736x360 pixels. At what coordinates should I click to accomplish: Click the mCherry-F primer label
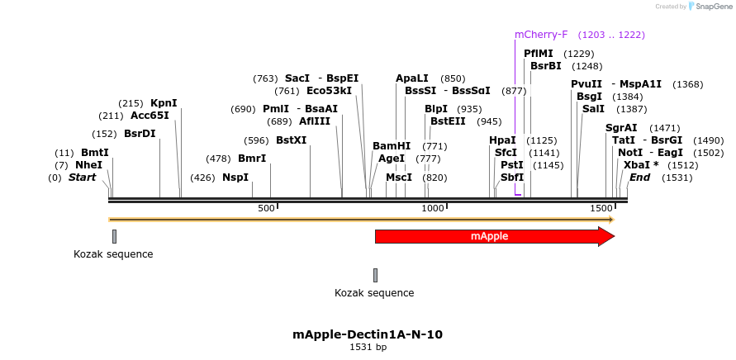(541, 35)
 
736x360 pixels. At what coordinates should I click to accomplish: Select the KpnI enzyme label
(164, 103)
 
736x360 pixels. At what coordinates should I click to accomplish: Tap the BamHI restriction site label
(392, 146)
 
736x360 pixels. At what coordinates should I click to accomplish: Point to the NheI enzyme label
(88, 165)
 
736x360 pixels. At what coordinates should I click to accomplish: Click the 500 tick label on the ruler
(266, 209)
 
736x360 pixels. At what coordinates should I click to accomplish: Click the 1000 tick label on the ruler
(433, 209)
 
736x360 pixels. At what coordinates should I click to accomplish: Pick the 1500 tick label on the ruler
(601, 209)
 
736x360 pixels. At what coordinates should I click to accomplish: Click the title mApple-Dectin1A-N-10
(368, 334)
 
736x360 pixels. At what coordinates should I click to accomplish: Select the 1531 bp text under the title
(368, 348)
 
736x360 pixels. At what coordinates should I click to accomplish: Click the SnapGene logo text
(713, 7)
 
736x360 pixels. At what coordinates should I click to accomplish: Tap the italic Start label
(82, 178)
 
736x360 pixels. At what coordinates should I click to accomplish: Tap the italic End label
(639, 178)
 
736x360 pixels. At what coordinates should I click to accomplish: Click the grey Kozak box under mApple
(375, 275)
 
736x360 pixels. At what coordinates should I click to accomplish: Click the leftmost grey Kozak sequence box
(114, 236)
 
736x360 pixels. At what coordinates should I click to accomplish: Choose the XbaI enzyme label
(637, 165)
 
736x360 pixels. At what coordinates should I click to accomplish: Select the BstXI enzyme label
(291, 140)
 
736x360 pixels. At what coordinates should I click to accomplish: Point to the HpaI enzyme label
(502, 140)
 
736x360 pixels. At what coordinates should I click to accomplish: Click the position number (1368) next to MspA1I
(687, 84)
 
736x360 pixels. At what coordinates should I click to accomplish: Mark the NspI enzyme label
(235, 178)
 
